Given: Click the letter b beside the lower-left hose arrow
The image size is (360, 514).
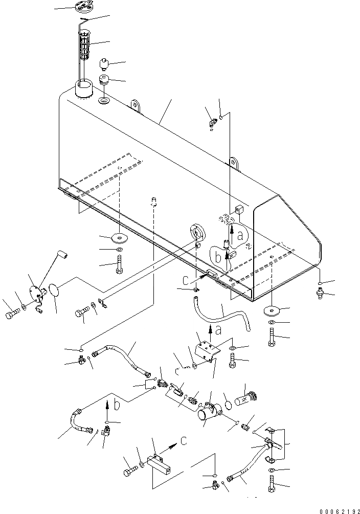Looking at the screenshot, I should (x=118, y=406).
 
